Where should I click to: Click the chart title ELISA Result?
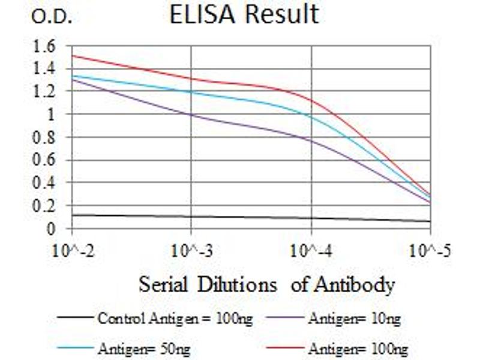tap(244, 14)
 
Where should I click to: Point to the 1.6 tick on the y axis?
tap(46, 45)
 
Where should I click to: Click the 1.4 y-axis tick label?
tap(46, 68)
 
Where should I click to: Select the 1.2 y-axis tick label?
tap(46, 91)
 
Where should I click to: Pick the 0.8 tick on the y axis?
tap(46, 137)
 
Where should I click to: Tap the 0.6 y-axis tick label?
tap(46, 160)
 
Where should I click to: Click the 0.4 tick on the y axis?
tap(46, 182)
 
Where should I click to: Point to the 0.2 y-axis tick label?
tap(46, 205)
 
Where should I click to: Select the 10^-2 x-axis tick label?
tap(73, 250)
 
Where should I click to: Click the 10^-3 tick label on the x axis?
tap(191, 250)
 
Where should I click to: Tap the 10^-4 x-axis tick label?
tap(311, 250)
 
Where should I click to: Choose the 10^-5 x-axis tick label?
tap(430, 250)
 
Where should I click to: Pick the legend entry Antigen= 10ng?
tap(354, 319)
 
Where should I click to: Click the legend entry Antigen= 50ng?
tap(144, 348)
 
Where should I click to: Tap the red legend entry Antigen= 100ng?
tap(358, 348)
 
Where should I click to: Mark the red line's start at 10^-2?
tap(73, 56)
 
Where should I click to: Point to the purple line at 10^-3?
tap(191, 114)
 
